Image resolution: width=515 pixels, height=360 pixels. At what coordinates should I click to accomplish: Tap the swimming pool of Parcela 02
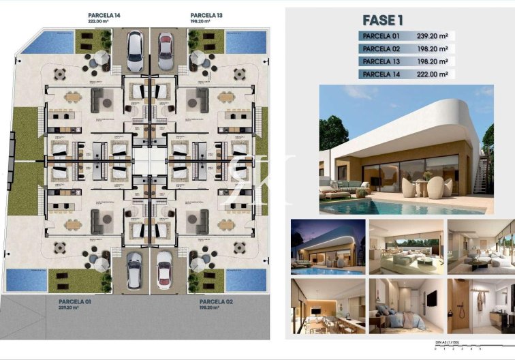[x=245, y=279]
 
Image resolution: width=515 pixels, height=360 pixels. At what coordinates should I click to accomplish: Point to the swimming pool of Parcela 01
[x=24, y=279]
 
